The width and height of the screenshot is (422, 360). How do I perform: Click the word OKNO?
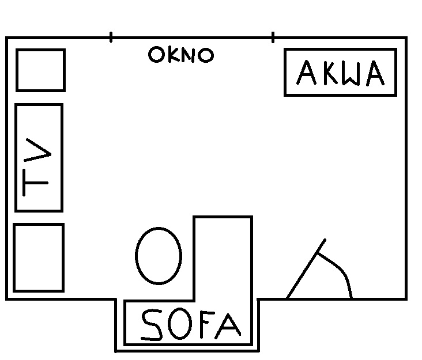coord(181,55)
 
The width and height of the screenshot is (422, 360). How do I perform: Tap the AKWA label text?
coord(341,73)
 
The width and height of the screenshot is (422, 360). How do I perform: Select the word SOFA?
coord(191,325)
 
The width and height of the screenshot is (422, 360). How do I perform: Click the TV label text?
coord(37,167)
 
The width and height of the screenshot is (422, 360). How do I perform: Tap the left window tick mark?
coord(111,37)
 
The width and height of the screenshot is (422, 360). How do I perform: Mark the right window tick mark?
coord(273,37)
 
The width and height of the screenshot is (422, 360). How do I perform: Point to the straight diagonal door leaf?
coord(306,268)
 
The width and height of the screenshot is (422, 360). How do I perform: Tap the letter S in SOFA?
coord(152,325)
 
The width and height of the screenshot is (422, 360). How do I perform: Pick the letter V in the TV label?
coord(37,150)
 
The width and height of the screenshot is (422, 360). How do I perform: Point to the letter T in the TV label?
coord(36,183)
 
